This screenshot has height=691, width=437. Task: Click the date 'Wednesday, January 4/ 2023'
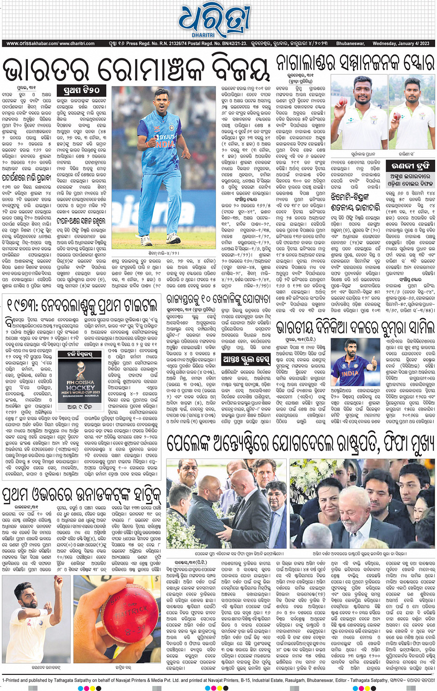coord(400,43)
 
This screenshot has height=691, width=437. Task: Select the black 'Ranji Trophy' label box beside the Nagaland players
coord(410,166)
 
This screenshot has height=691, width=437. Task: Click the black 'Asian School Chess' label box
coord(246,359)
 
